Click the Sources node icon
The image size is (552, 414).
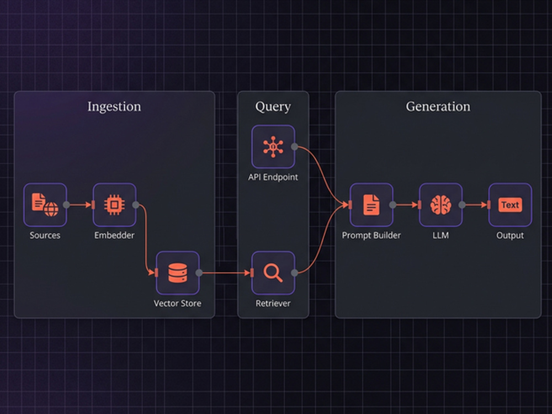click(45, 205)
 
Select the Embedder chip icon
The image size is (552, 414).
click(114, 205)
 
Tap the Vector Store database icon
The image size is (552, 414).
click(178, 273)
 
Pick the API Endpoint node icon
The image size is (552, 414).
click(273, 146)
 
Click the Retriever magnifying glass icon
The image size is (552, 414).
click(273, 273)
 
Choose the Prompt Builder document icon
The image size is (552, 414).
click(371, 205)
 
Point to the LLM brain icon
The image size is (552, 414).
click(440, 205)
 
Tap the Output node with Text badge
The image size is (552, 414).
click(510, 205)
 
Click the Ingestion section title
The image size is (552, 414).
click(114, 107)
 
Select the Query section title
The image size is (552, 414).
click(273, 107)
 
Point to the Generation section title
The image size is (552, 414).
click(438, 107)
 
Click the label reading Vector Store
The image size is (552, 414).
click(177, 303)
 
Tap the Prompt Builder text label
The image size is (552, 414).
click(371, 235)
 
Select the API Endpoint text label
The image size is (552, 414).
click(273, 177)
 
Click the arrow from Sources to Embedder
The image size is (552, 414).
click(80, 205)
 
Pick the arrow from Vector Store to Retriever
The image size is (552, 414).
click(226, 273)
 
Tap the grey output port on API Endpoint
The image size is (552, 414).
click(295, 147)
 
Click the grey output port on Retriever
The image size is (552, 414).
click(295, 273)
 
